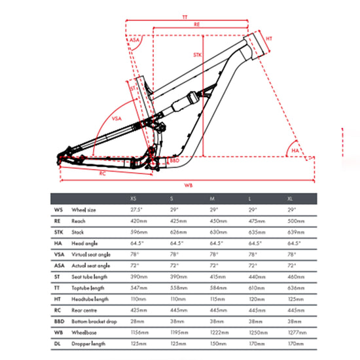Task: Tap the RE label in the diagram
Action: (x=196, y=24)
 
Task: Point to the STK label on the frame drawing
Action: (x=197, y=56)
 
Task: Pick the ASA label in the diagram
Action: (x=135, y=41)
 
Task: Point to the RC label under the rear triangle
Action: (x=103, y=173)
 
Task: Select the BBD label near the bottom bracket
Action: (x=175, y=160)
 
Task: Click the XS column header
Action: (x=134, y=198)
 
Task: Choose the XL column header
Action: (x=290, y=198)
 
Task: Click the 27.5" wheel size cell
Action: (x=136, y=209)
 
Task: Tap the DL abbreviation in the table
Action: (x=59, y=343)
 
